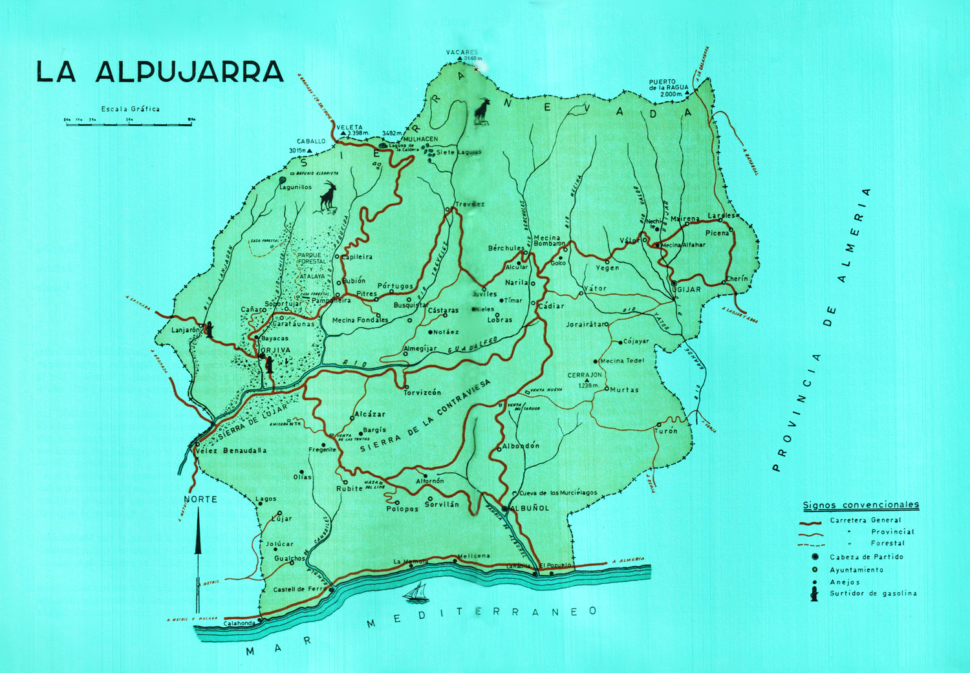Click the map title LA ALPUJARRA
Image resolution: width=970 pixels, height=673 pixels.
pyautogui.click(x=160, y=72)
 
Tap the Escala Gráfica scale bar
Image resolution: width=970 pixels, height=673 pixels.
pyautogui.click(x=129, y=122)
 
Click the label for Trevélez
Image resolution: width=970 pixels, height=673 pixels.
pyautogui.click(x=469, y=204)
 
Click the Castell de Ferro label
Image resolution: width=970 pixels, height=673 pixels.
pyautogui.click(x=297, y=590)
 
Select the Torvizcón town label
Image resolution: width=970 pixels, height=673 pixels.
pyautogui.click(x=422, y=392)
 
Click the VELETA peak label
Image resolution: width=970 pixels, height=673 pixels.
pyautogui.click(x=350, y=127)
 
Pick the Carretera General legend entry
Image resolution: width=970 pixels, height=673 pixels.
pyautogui.click(x=865, y=520)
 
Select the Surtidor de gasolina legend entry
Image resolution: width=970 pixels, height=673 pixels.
pyautogui.click(x=872, y=593)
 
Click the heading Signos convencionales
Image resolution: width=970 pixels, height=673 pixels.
pyautogui.click(x=861, y=505)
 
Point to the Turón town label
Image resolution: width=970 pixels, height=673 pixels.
pyautogui.click(x=666, y=431)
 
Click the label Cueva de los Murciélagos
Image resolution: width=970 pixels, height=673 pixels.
pyautogui.click(x=558, y=493)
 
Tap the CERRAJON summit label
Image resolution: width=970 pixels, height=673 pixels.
pyautogui.click(x=585, y=375)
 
